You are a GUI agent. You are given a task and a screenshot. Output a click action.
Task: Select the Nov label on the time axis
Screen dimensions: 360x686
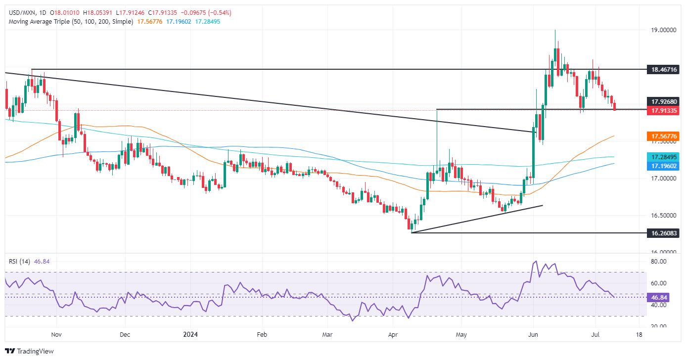[x=57, y=334]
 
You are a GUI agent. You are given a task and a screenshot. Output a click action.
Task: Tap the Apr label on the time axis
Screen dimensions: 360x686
[x=393, y=334]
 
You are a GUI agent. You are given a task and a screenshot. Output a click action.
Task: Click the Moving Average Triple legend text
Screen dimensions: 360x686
[x=69, y=22]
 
